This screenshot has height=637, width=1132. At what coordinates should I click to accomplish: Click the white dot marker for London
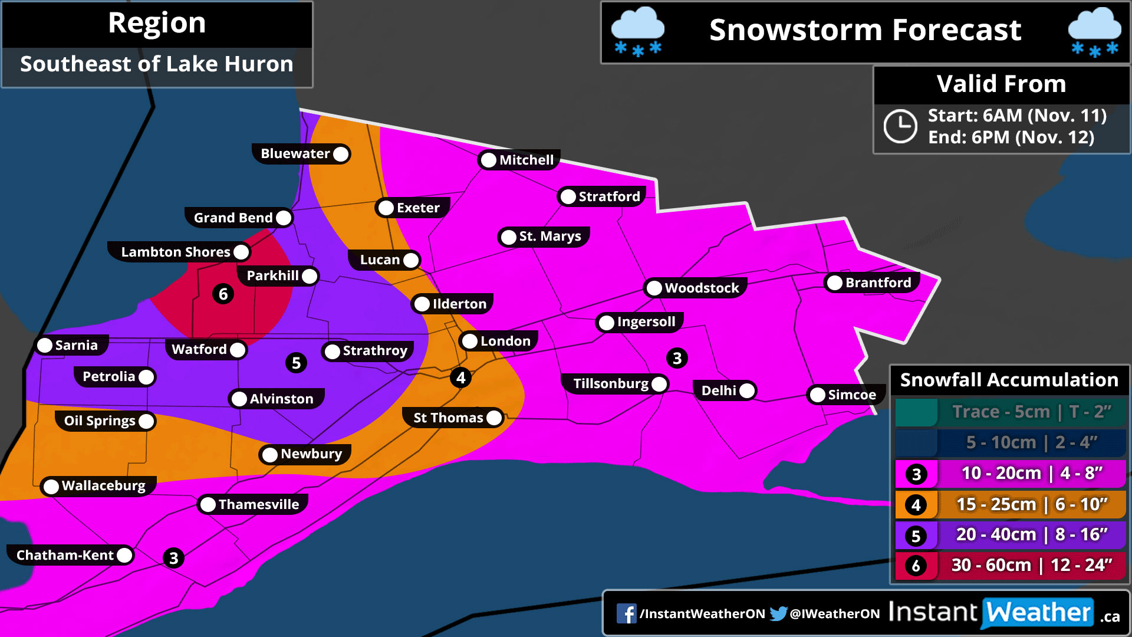470,341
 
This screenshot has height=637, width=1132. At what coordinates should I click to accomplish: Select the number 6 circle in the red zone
223,294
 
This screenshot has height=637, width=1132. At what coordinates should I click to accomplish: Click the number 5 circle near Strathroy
296,363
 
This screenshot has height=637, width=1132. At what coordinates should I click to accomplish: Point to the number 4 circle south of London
461,377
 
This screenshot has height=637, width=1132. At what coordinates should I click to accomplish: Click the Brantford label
878,283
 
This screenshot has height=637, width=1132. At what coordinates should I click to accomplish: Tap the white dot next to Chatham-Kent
124,555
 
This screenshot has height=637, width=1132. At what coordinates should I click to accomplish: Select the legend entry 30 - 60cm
1009,565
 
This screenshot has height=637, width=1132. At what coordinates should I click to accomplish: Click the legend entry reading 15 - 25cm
1009,504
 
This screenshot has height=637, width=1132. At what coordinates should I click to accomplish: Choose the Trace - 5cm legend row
1009,412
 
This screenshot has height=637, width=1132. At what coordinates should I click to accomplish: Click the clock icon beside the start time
900,126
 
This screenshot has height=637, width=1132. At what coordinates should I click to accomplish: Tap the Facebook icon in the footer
626,613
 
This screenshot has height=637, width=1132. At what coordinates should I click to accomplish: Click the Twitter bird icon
779,613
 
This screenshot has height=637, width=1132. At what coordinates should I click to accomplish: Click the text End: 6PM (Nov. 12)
1011,137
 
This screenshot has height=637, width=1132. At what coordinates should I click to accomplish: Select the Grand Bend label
233,218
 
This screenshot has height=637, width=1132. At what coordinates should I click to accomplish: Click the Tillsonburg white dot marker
660,384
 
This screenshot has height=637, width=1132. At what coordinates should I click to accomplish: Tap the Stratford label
608,196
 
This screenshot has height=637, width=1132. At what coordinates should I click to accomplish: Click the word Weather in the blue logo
1038,613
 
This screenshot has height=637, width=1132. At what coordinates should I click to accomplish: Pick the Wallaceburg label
103,485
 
